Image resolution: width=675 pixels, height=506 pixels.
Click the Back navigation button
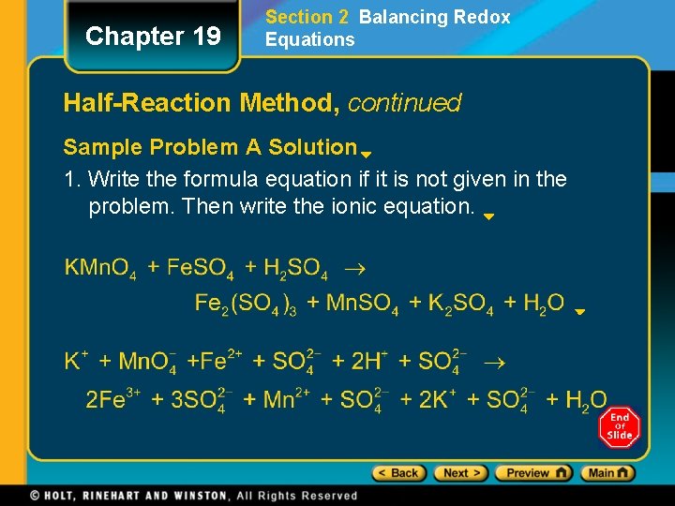tap(399, 473)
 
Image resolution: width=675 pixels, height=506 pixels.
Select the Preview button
tap(532, 473)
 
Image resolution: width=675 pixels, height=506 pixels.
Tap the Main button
tap(607, 473)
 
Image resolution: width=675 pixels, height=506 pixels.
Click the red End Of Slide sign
tap(619, 426)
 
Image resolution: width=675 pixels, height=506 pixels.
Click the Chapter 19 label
tap(153, 37)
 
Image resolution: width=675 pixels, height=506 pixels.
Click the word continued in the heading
tap(404, 102)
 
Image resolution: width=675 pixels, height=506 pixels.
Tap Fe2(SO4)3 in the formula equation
tap(246, 303)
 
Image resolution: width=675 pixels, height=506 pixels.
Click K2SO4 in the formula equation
tap(460, 303)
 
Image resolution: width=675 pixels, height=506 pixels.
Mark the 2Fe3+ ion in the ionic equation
tap(112, 400)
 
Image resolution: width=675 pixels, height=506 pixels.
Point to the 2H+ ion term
tap(369, 361)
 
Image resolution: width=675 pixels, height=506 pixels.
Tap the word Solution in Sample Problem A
tap(312, 147)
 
